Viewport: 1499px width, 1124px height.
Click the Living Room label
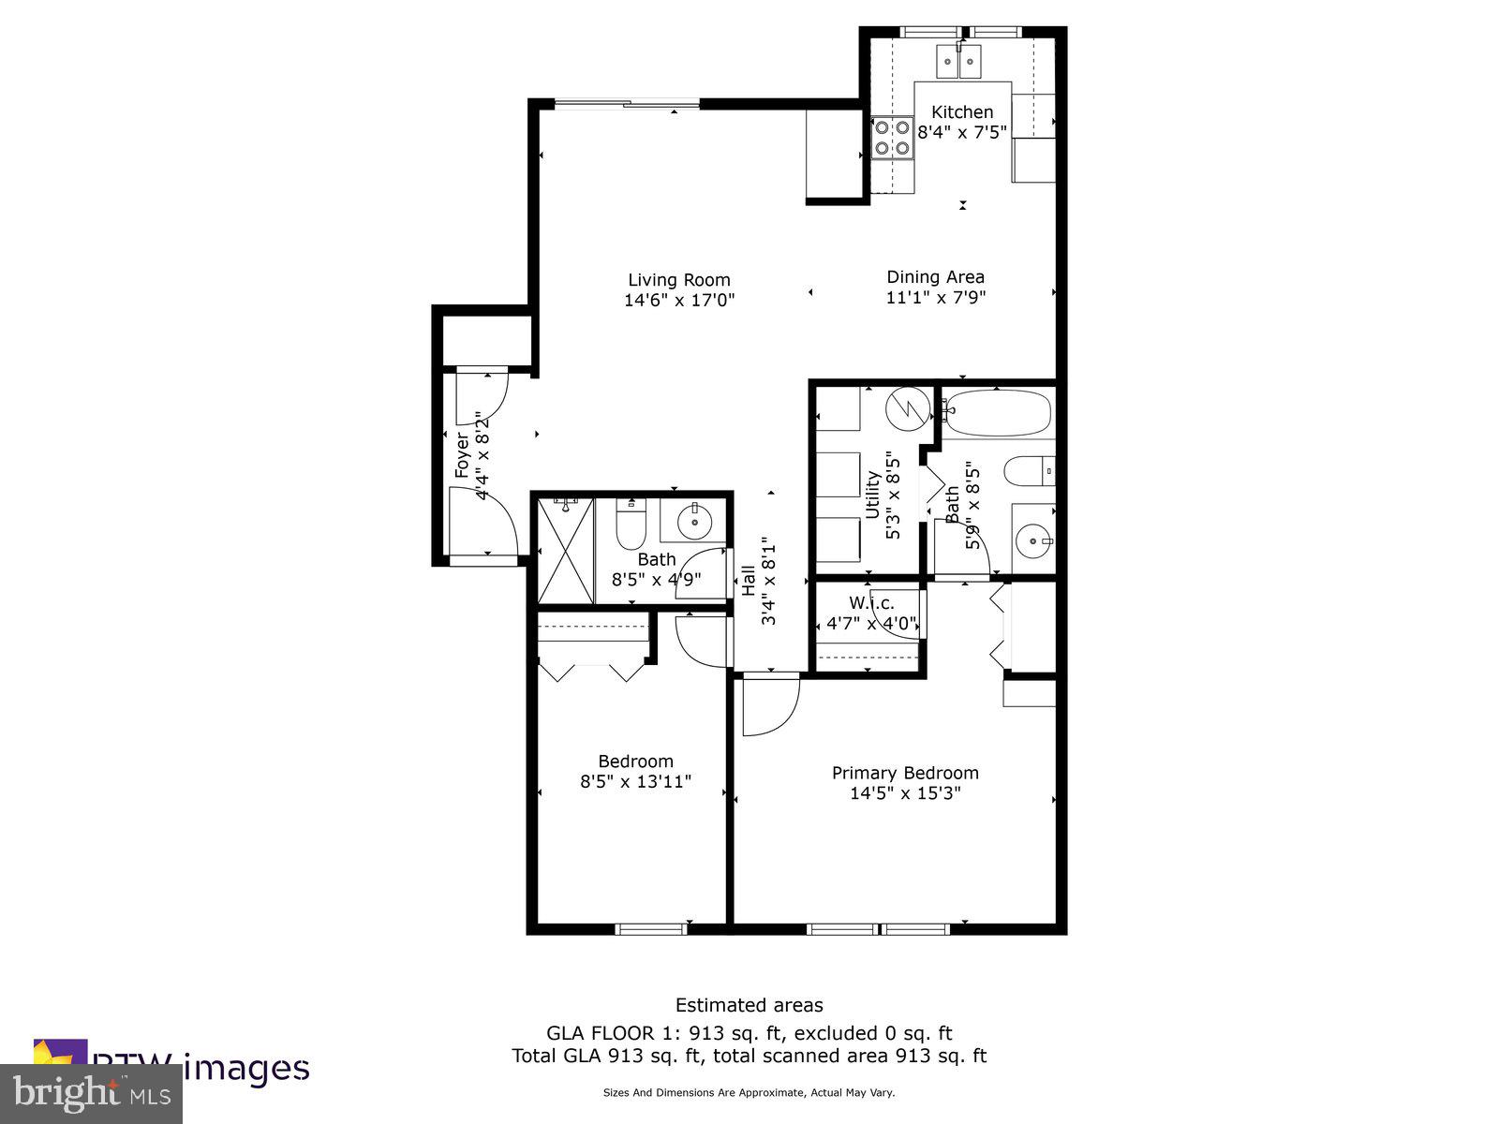click(678, 280)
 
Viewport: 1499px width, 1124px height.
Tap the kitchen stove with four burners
click(892, 137)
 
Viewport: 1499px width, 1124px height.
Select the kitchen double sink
click(957, 63)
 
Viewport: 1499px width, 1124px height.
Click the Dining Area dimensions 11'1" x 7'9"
click(935, 298)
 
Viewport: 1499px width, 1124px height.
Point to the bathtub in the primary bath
click(997, 412)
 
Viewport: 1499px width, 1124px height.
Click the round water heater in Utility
click(908, 407)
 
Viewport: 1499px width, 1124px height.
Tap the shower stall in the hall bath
click(565, 551)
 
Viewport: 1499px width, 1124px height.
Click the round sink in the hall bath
click(694, 522)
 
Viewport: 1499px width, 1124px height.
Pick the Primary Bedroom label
click(905, 773)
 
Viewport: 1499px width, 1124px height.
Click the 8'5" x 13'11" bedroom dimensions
click(635, 781)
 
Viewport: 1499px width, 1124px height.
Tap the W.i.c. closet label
click(871, 602)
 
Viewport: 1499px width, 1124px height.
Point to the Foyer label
click(462, 455)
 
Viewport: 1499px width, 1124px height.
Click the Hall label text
click(749, 581)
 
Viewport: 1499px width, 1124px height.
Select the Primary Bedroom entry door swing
click(768, 706)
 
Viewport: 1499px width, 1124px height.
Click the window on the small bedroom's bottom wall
click(651, 928)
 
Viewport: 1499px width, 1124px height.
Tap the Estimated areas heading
click(749, 1005)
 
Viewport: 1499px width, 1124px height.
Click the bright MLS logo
click(91, 1093)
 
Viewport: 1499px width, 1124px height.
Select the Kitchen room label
click(961, 111)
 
